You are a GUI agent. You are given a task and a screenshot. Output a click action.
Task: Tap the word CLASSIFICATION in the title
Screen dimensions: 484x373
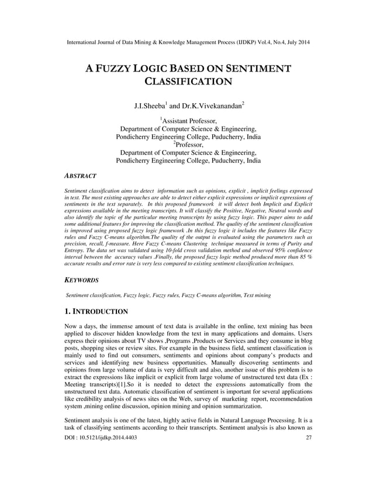186,82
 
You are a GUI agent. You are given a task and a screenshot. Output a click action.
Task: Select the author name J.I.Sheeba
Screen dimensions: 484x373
150,107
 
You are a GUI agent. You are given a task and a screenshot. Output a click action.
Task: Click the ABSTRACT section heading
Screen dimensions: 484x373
80,175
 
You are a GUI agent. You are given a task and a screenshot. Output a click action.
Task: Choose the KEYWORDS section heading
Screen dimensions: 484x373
81,281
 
